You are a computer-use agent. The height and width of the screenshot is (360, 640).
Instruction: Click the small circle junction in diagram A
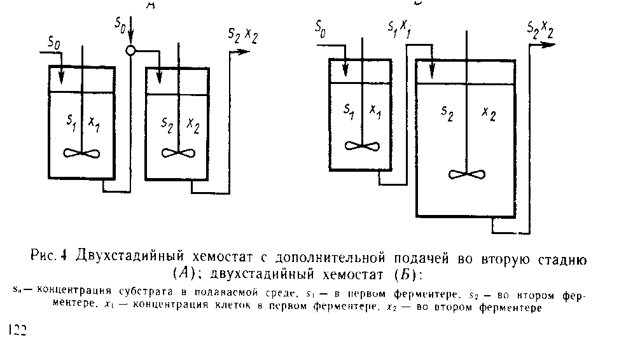(x=130, y=51)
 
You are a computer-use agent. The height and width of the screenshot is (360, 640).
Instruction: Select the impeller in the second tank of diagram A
(x=177, y=153)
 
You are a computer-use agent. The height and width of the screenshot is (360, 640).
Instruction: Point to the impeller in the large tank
(x=466, y=174)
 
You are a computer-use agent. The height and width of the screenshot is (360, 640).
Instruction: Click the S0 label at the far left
(x=55, y=43)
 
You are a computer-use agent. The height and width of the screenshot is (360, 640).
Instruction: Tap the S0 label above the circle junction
(x=120, y=24)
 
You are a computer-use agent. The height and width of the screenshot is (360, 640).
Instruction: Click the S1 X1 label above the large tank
(x=399, y=29)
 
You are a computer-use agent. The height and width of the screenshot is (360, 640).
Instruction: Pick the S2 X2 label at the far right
(x=540, y=28)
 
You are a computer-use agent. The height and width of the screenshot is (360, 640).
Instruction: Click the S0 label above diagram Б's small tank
(x=321, y=29)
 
